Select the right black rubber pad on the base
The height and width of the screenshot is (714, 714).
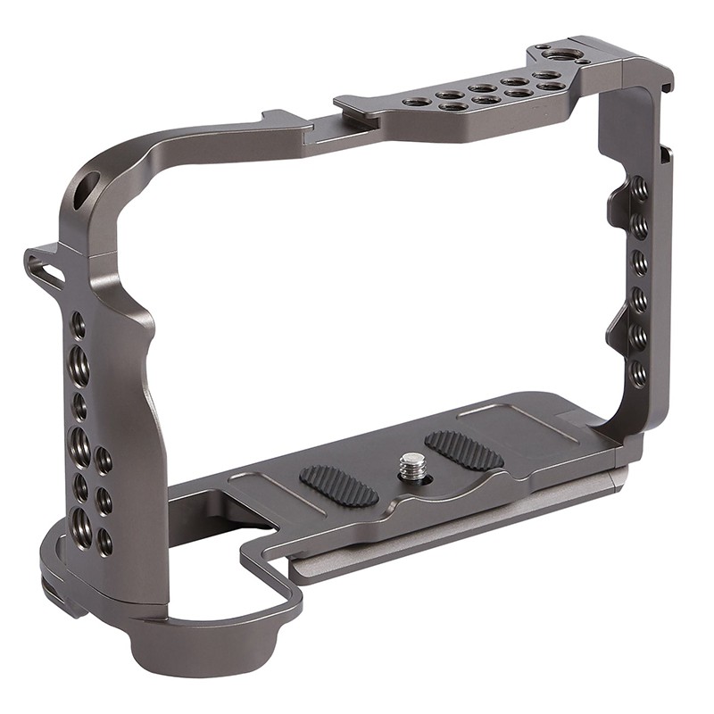click(x=463, y=450)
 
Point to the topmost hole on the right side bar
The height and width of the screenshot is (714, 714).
click(x=639, y=189)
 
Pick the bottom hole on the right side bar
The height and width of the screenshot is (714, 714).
click(x=639, y=373)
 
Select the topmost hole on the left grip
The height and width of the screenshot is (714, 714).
click(x=78, y=325)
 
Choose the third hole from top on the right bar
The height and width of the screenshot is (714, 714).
click(x=640, y=262)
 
